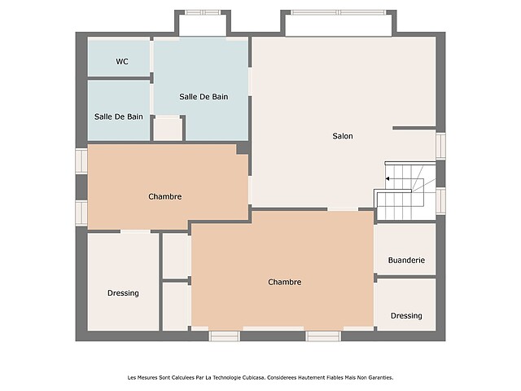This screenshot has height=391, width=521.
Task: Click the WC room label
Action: click(x=122, y=62)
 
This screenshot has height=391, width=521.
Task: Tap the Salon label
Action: click(x=343, y=136)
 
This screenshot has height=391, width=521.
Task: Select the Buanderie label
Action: click(x=406, y=260)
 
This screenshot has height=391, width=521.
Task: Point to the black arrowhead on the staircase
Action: click(x=387, y=179)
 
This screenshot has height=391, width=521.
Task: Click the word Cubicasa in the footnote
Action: click(x=253, y=377)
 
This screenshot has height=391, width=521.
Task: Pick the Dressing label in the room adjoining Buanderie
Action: click(x=406, y=315)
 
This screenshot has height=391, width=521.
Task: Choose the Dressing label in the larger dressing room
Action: click(x=123, y=293)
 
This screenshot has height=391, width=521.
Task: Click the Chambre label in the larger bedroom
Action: click(x=285, y=282)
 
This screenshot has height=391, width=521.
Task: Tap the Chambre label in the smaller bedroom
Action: click(x=165, y=196)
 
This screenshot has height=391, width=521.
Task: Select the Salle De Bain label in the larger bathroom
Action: click(x=204, y=97)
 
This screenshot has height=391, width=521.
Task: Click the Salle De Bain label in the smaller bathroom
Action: click(x=119, y=116)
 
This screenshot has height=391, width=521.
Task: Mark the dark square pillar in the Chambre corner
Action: click(x=243, y=148)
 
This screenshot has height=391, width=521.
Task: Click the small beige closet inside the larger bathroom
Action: click(x=168, y=129)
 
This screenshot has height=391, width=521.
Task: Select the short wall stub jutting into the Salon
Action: click(x=414, y=128)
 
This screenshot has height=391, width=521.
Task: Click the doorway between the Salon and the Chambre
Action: click(x=343, y=209)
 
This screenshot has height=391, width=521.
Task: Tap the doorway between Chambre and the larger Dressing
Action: click(x=136, y=231)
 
